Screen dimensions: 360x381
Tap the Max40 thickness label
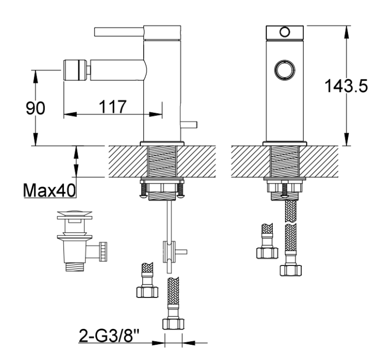(x=49, y=191)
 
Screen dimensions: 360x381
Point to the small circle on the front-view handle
(x=285, y=32)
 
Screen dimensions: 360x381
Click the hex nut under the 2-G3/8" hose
(x=173, y=323)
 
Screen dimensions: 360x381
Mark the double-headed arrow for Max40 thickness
(x=77, y=161)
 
